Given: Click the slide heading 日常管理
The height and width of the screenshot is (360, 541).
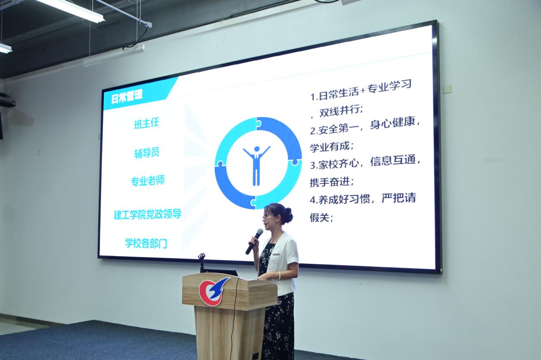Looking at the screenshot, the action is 127,96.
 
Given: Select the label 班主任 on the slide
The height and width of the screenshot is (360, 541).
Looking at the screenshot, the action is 146,124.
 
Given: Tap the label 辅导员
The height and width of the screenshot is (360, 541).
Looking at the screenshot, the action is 147,153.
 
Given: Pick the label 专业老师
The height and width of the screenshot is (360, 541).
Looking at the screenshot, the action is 148,181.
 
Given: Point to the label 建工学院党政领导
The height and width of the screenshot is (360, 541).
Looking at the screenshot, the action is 147,214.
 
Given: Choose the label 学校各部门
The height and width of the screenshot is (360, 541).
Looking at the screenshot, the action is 146,243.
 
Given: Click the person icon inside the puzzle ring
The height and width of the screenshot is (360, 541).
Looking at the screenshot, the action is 257,165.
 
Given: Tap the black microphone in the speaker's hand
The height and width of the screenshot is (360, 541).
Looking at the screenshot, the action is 254,241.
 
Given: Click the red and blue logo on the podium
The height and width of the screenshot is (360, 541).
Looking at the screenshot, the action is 213,292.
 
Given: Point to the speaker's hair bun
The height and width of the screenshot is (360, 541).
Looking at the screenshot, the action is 288,214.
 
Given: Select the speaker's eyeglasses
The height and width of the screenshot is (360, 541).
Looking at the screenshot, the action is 266,217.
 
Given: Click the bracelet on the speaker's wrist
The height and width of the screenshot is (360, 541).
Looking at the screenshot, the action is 279,275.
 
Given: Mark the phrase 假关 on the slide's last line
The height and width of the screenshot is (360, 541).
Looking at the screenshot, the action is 319,218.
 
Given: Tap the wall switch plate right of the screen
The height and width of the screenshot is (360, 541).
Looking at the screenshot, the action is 447,89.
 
